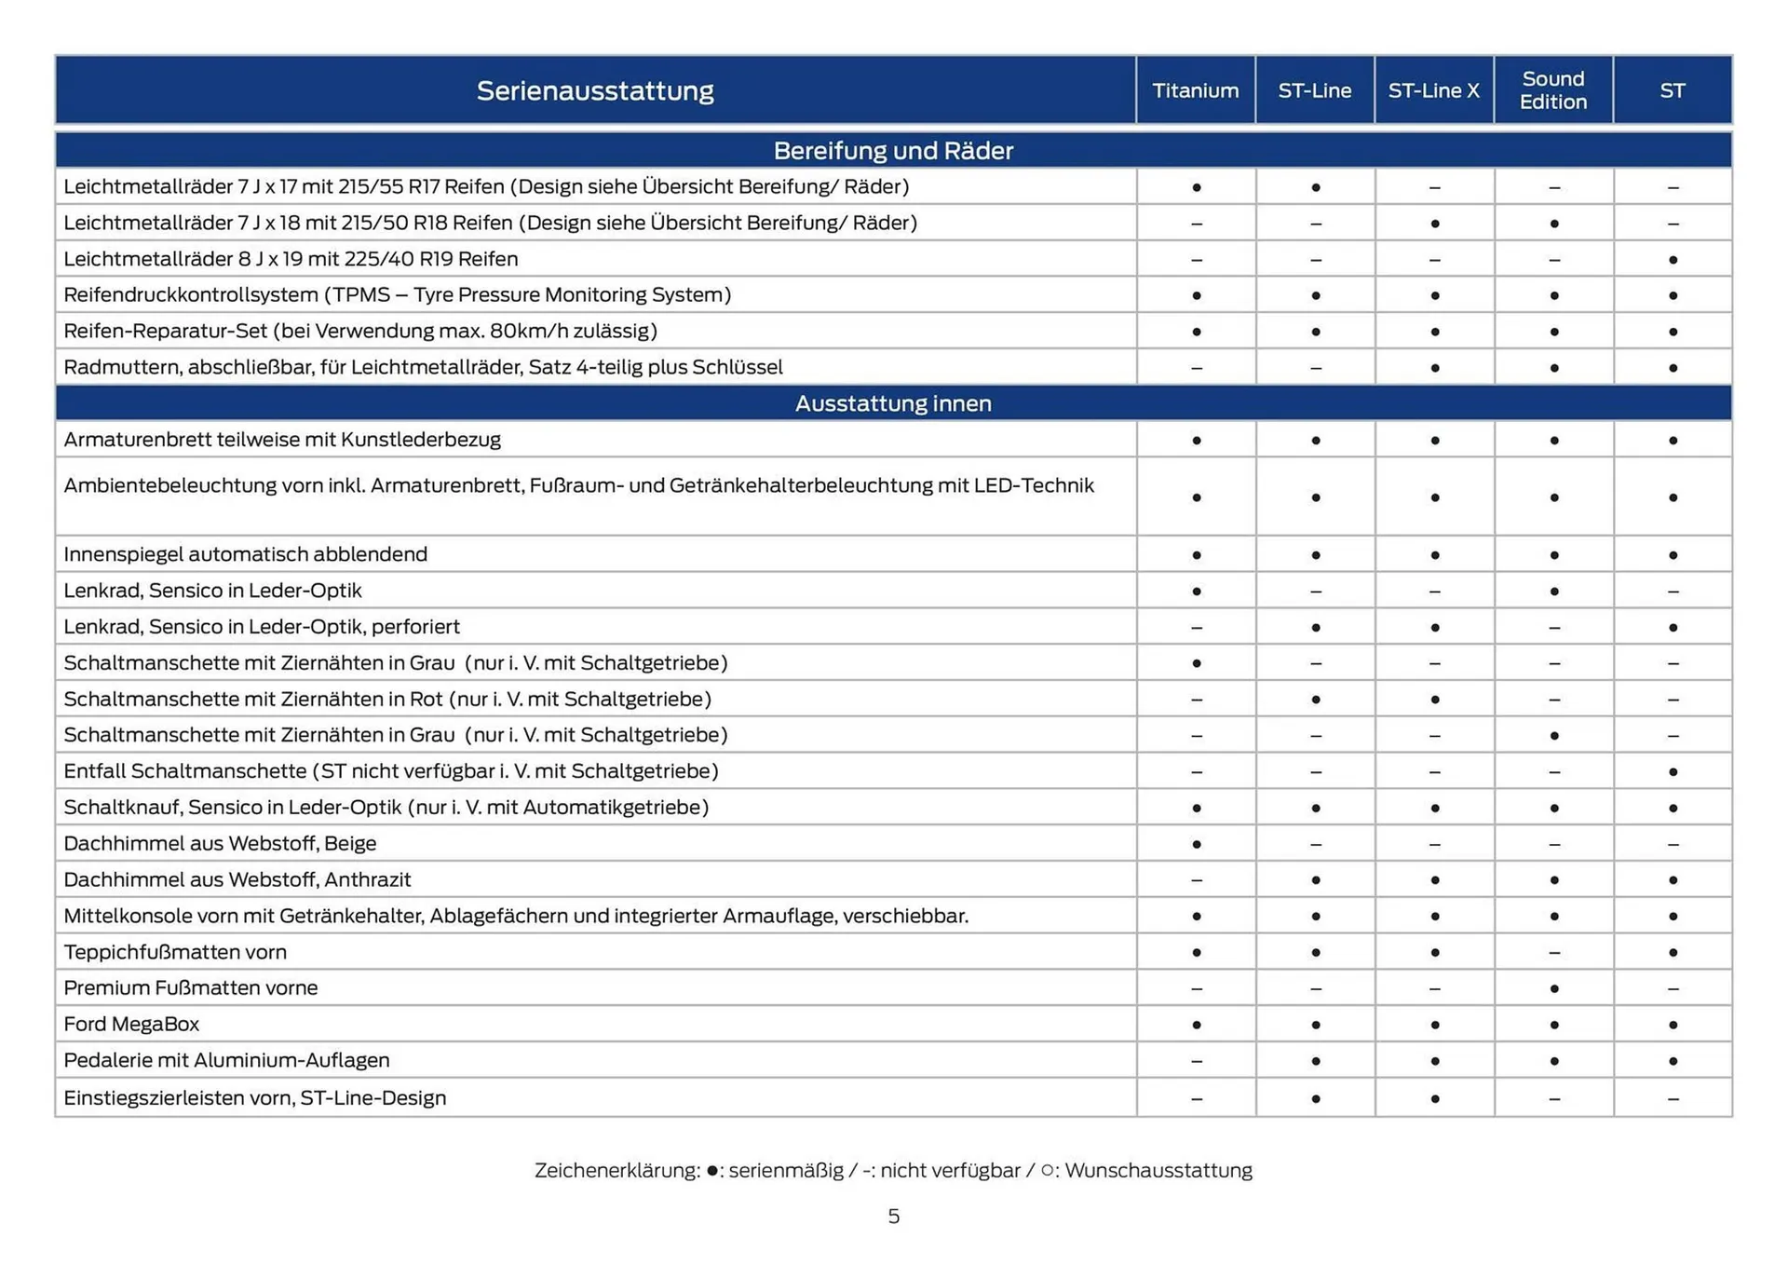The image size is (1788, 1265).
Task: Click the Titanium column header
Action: (x=1195, y=90)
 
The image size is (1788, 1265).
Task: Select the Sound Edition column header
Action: (x=1552, y=90)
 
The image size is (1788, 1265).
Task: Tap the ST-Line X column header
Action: (x=1433, y=90)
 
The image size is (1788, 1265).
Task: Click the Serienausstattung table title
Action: (x=595, y=90)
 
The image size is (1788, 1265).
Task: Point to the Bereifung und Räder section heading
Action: (x=892, y=150)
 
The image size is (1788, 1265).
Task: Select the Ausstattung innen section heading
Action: (x=892, y=403)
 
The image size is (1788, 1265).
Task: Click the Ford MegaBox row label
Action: (x=131, y=1024)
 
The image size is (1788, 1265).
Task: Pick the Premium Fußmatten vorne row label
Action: (x=190, y=987)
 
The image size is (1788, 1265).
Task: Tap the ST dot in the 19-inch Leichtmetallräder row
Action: (x=1673, y=260)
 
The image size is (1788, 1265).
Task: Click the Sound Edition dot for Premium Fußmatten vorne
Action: (x=1553, y=988)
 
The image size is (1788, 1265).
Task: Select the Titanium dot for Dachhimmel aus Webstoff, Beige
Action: (x=1196, y=844)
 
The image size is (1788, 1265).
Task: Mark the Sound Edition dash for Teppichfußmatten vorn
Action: (x=1553, y=952)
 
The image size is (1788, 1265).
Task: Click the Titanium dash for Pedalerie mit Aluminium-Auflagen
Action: (x=1196, y=1061)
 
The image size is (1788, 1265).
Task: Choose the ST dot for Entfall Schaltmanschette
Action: (x=1673, y=772)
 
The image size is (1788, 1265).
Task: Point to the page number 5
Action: (x=893, y=1217)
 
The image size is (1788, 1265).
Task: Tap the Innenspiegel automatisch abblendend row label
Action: (x=245, y=554)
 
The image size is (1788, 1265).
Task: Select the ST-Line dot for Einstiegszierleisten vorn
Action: (x=1315, y=1099)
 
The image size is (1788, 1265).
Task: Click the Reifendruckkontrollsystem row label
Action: (x=397, y=294)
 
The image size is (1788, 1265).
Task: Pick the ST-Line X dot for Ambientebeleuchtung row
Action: (x=1434, y=497)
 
